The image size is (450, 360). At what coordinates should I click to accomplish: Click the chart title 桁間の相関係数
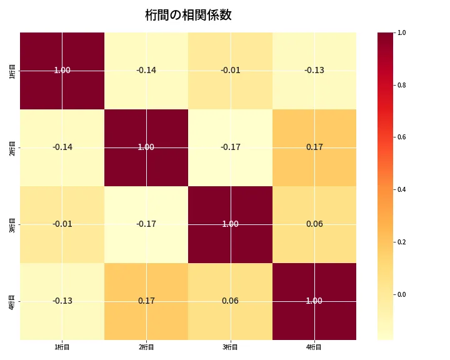point(188,15)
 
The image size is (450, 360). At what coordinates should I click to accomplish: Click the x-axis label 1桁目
point(62,347)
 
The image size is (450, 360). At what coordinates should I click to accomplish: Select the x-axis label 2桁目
point(146,347)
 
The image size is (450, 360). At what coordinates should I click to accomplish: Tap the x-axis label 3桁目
point(230,347)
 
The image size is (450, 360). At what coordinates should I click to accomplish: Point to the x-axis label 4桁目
point(314,347)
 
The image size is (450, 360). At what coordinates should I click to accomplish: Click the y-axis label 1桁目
point(13,71)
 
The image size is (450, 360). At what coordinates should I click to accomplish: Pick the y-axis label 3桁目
point(13,224)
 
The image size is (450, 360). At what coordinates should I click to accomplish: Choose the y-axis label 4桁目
point(13,301)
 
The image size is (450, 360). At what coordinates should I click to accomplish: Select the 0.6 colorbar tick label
point(401,137)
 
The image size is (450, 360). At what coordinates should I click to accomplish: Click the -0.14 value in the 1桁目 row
point(146,71)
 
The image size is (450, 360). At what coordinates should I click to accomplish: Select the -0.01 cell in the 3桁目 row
point(62,224)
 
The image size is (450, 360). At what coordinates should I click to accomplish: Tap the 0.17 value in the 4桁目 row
point(146,301)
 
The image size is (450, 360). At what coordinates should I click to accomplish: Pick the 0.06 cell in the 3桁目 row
point(314,224)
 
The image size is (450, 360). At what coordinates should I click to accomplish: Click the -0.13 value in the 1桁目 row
point(314,71)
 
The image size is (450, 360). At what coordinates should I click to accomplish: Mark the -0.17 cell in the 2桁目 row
point(230,147)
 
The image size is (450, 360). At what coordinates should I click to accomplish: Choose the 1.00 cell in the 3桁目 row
point(230,224)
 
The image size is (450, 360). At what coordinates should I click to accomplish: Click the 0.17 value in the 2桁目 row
point(314,147)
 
